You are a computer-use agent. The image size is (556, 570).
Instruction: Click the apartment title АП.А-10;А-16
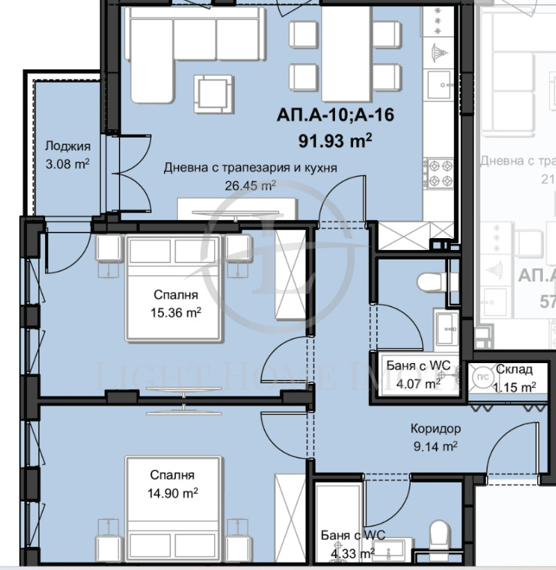(335, 115)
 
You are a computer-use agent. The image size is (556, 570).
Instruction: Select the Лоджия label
(67, 146)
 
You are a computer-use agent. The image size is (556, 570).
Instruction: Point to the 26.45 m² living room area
(251, 185)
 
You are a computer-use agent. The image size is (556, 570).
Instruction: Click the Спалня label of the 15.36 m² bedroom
(173, 294)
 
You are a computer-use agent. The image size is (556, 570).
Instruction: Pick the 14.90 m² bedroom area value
(174, 492)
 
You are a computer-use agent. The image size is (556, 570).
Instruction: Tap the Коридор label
(435, 430)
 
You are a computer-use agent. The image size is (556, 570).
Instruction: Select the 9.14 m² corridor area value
(435, 447)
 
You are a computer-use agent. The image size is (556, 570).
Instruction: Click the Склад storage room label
(514, 370)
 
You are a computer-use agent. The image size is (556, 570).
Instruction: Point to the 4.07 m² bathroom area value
(418, 383)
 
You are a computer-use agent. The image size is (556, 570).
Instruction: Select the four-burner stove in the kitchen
(440, 174)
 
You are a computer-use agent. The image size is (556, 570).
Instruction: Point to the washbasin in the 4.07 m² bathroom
(444, 326)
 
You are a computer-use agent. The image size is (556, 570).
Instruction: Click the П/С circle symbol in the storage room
(480, 376)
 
